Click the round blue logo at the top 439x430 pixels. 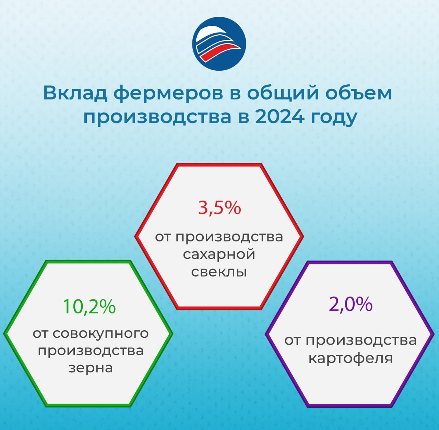point(219,44)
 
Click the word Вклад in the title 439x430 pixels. point(75,93)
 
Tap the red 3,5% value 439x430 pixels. point(219,208)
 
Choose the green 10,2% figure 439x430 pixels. point(89,307)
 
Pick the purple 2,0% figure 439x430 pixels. point(351,304)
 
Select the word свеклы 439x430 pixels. point(219,272)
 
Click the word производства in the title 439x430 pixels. point(157,118)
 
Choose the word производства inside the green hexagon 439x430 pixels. point(91,351)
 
